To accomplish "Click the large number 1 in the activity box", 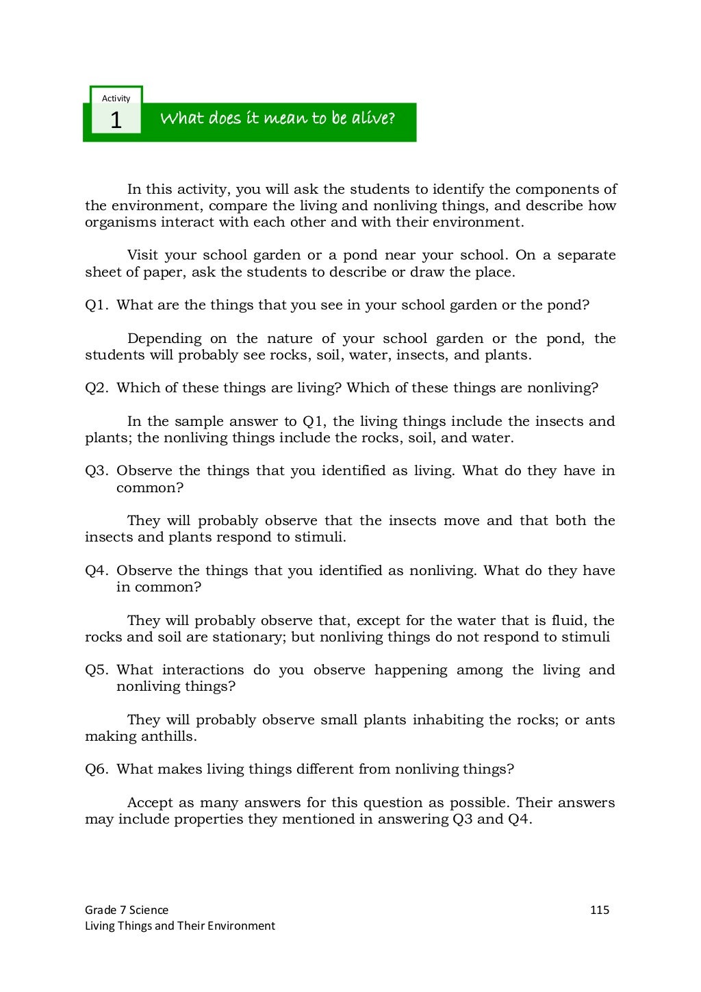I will point(116,121).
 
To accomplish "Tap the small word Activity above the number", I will point(116,99).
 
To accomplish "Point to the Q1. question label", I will point(97,305).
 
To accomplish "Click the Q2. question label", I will point(97,388).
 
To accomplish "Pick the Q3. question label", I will point(97,471).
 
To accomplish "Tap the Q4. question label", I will point(97,571).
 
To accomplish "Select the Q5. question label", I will point(97,670).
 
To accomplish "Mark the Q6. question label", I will point(97,770).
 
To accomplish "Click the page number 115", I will point(599,910).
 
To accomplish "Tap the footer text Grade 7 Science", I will point(127,910).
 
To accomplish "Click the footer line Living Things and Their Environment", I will point(180,926).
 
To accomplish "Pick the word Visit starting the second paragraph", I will point(142,255).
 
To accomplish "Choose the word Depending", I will point(164,339).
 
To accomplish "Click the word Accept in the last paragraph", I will point(150,803).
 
